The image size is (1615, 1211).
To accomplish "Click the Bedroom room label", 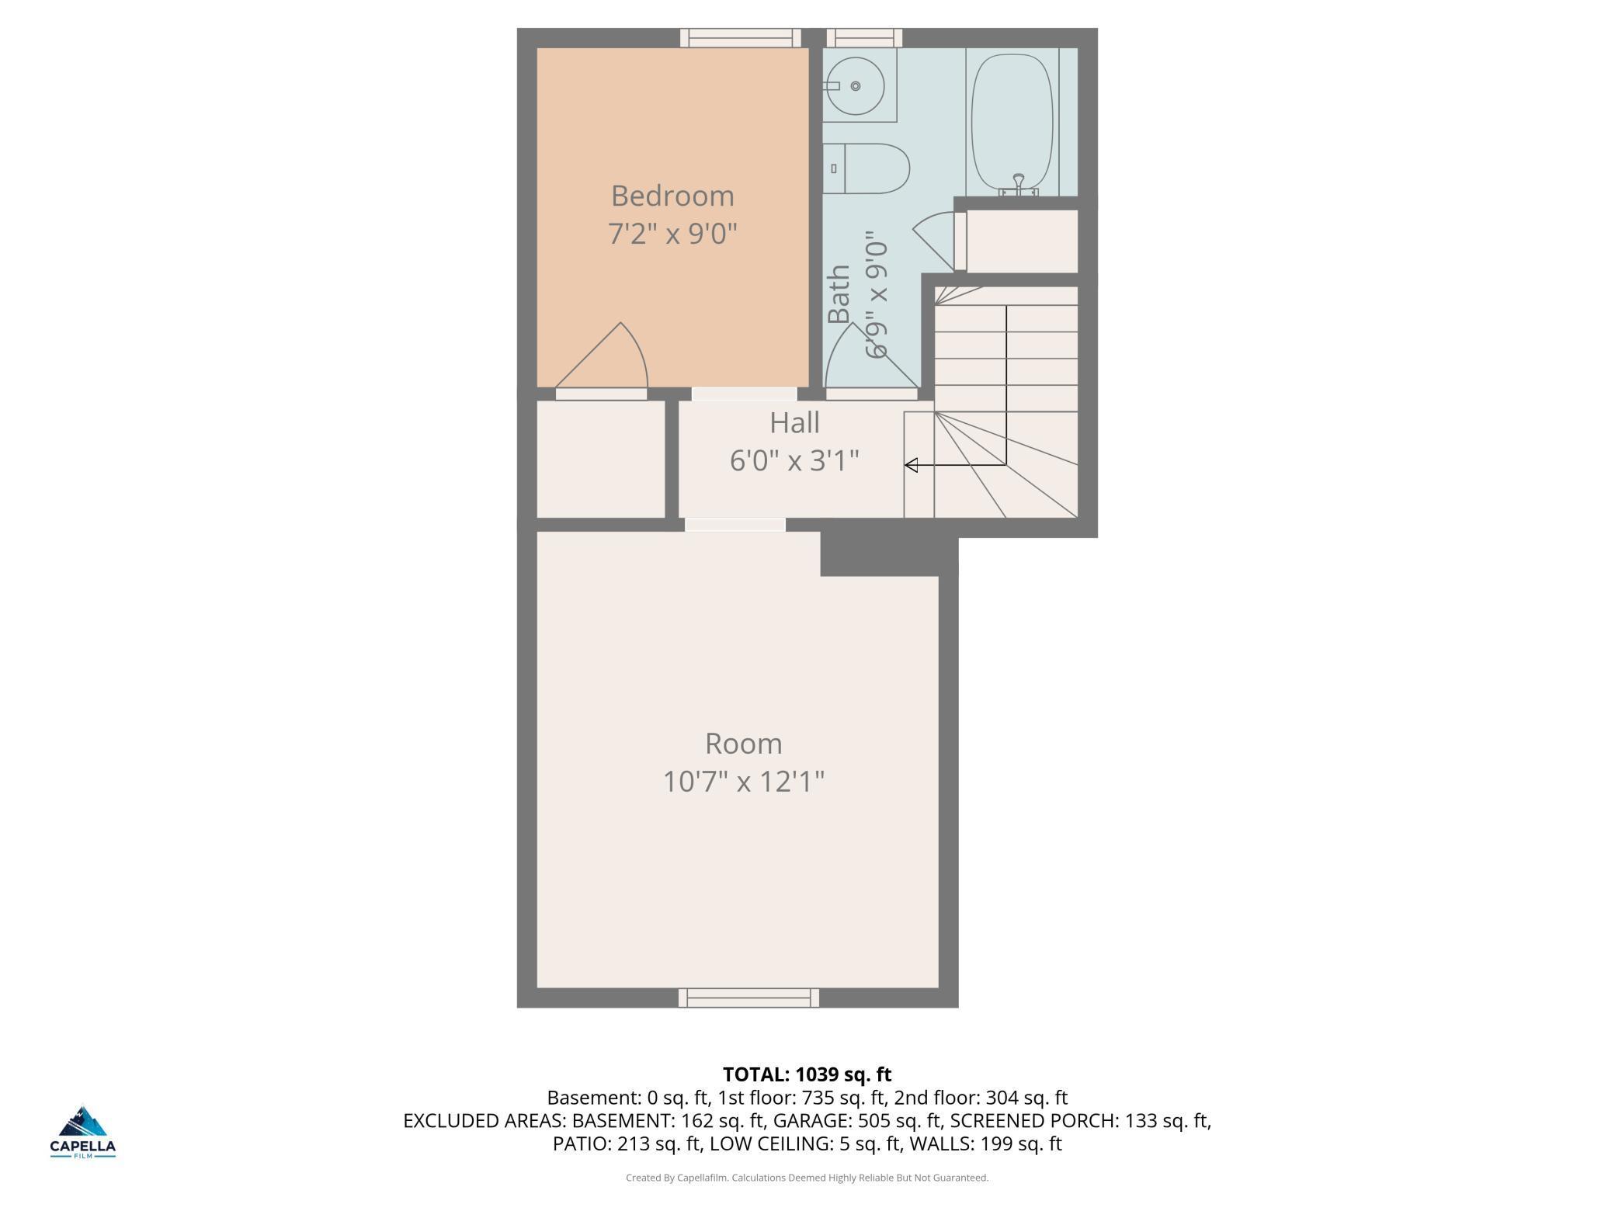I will point(672,196).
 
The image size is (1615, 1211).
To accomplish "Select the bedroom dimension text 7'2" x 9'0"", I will point(672,233).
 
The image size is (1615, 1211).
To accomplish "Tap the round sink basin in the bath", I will point(855,86).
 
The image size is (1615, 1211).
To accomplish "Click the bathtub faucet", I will point(1019,183).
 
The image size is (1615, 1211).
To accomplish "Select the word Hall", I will point(794,423).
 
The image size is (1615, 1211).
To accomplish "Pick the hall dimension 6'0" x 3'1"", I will point(794,461).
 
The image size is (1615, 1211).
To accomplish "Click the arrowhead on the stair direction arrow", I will point(912,465).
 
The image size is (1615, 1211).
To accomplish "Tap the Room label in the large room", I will point(743,744).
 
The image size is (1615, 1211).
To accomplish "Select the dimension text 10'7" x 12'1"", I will point(743,781).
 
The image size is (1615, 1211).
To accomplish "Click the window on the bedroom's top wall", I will point(740,37).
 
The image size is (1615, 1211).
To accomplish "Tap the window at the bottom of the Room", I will point(748,998).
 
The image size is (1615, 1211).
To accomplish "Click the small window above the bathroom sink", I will point(863,37).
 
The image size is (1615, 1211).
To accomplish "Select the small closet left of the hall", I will point(601,458).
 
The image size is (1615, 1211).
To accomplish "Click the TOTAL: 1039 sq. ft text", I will point(807,1074).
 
